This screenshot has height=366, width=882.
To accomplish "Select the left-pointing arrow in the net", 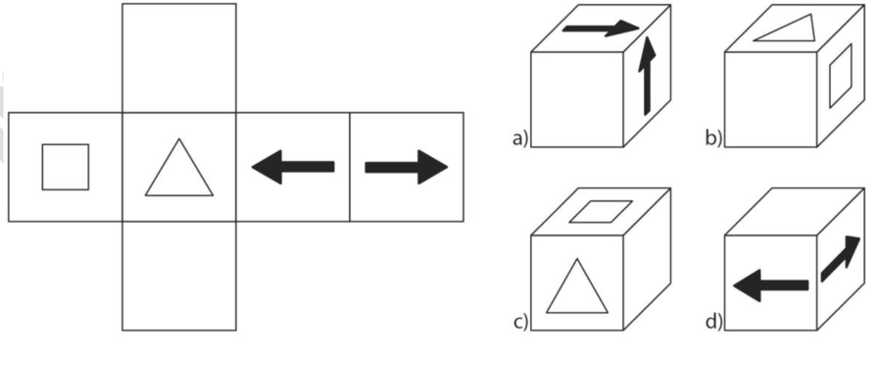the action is (x=293, y=167).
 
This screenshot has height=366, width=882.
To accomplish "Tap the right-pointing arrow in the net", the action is (x=406, y=167).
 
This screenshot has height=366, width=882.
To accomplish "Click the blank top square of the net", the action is (x=179, y=58).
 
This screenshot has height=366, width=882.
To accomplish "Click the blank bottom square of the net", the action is (x=179, y=276).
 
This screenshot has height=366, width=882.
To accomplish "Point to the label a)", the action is (x=520, y=138).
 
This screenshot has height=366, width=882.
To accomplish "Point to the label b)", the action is (x=713, y=138).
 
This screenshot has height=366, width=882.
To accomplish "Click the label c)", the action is (x=520, y=322).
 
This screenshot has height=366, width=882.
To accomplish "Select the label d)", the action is (x=713, y=322).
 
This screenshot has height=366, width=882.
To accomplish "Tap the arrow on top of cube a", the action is (x=601, y=28).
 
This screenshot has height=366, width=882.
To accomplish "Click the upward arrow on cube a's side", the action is (x=647, y=75).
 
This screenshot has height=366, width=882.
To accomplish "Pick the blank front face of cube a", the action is (x=577, y=100).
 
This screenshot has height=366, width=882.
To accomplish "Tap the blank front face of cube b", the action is (x=770, y=100).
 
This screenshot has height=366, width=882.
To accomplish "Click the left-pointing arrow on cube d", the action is (x=771, y=286).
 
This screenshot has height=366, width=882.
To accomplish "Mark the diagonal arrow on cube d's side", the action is (x=841, y=258).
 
